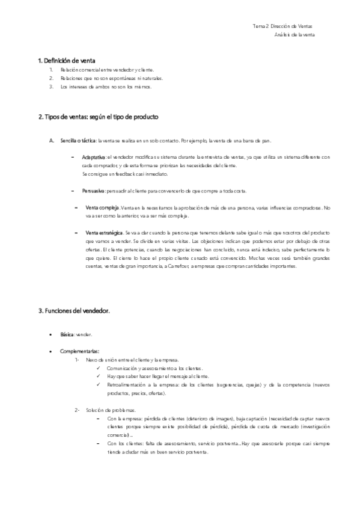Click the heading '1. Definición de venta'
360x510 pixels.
pyautogui.click(x=67, y=61)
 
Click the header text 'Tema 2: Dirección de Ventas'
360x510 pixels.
pyautogui.click(x=282, y=26)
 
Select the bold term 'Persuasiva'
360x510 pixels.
pyautogui.click(x=94, y=191)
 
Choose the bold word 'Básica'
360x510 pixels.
pyautogui.click(x=68, y=333)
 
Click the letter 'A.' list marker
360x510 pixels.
pyautogui.click(x=52, y=141)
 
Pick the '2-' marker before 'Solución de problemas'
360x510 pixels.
pyautogui.click(x=78, y=410)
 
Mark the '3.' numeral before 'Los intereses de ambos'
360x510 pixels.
pyautogui.click(x=52, y=87)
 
